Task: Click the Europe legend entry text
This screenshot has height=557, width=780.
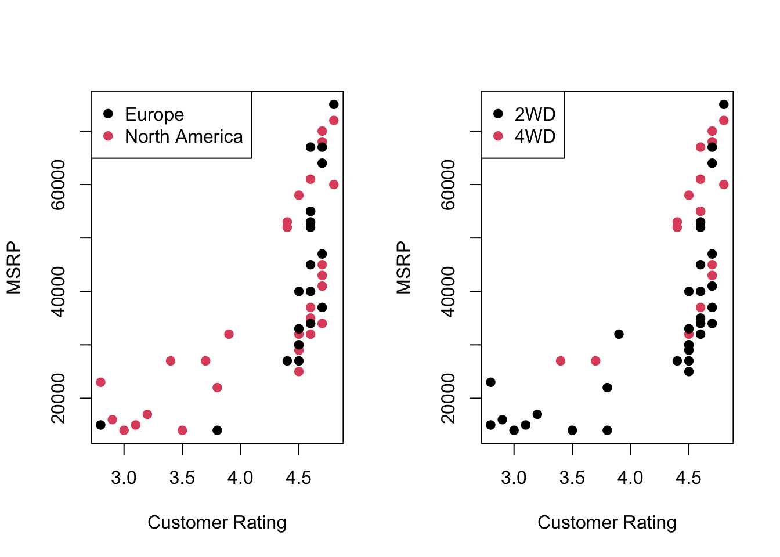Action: (154, 114)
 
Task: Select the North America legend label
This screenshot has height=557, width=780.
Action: (183, 136)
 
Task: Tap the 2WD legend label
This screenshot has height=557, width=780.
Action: (535, 114)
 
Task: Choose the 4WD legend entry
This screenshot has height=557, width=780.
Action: (535, 136)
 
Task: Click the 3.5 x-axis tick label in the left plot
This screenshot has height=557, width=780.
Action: (182, 478)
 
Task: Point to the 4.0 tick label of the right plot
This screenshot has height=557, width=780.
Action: (630, 478)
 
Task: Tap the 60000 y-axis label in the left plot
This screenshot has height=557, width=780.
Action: (58, 185)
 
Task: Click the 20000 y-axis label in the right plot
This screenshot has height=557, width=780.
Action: (448, 398)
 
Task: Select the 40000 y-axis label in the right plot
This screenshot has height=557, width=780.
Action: (448, 291)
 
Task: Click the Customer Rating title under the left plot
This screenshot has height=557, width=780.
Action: (217, 522)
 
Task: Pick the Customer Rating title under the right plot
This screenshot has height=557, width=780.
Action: (607, 522)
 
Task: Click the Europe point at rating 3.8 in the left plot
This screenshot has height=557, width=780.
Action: (217, 430)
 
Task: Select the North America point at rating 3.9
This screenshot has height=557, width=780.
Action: (229, 334)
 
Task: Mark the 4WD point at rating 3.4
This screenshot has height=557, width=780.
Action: (561, 361)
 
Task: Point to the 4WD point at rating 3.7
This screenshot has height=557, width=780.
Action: (595, 361)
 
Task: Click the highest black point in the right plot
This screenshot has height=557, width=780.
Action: (724, 104)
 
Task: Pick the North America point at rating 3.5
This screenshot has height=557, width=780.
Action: (182, 430)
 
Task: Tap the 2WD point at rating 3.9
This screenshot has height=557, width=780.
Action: (619, 334)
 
